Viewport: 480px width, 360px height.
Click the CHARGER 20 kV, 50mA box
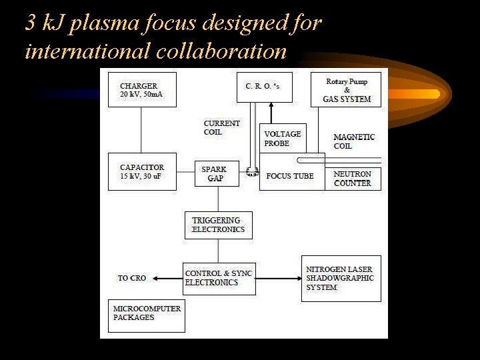pos(142,90)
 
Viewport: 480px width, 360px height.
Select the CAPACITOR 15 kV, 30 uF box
pos(142,171)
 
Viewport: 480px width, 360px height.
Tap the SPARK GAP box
pos(217,173)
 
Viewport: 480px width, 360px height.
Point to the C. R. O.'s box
pos(264,87)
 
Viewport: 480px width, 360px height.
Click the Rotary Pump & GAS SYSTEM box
pos(346,89)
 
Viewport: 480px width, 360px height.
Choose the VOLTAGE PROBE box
pos(283,138)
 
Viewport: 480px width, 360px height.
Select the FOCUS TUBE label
pos(289,176)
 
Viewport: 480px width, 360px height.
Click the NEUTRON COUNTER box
pos(353,179)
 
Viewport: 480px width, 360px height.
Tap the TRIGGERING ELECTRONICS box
pos(218,225)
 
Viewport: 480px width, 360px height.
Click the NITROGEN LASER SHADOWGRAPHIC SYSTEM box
pos(341,278)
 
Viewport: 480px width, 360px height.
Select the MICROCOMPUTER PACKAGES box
pos(147,315)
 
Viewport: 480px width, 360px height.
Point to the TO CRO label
pos(132,278)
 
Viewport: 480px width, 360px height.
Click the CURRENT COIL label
pos(222,127)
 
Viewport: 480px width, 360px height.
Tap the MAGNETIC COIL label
pos(354,141)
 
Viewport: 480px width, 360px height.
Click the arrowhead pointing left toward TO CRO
pos(153,278)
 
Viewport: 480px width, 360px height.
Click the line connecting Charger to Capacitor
pos(141,130)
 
